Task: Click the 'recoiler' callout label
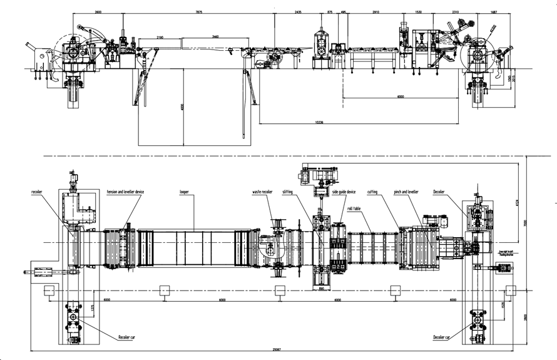coord(41,192)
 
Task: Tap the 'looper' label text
coord(184,192)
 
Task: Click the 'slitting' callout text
coord(287,192)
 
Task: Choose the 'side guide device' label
coord(344,192)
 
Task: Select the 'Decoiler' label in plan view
coord(442,192)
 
